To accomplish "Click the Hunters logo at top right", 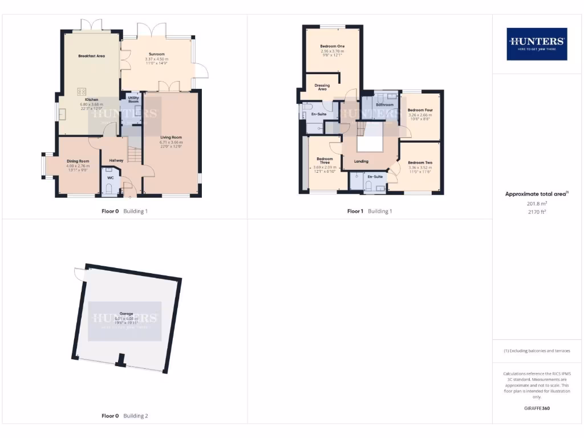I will coord(537,44).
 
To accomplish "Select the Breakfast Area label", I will coord(91,56).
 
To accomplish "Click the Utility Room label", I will coord(133,100).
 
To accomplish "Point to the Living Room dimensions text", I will coord(171,144).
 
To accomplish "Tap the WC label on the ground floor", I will coord(110,178).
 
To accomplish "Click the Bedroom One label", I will coord(332,46).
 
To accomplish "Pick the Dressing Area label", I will coord(322,87).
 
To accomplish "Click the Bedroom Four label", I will coord(420,110).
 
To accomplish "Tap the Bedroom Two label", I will coord(420,163).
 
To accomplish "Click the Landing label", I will coord(361,161).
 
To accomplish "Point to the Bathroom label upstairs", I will coord(385,105).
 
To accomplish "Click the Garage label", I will coord(125,314).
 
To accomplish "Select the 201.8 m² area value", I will coord(537,204).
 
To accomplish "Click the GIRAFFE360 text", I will coord(537,408).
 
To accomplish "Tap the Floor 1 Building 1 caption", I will coord(370,211).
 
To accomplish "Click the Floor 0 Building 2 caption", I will coord(124,416).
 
